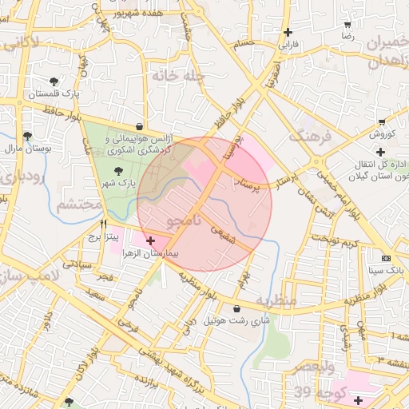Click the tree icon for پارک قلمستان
pyautogui.click(x=54, y=81)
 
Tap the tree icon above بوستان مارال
pyautogui.click(x=27, y=136)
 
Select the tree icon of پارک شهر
pyautogui.click(x=118, y=171)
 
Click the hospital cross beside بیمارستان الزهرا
pyautogui.click(x=150, y=240)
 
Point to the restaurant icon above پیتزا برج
pyautogui.click(x=104, y=224)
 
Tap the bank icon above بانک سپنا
pyautogui.click(x=386, y=258)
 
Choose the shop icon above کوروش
pyautogui.click(x=382, y=121)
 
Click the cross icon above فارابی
pyautogui.click(x=287, y=33)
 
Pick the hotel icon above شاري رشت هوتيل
pyautogui.click(x=236, y=308)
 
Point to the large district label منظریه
pyautogui.click(x=276, y=300)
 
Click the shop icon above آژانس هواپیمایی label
pyautogui.click(x=140, y=125)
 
